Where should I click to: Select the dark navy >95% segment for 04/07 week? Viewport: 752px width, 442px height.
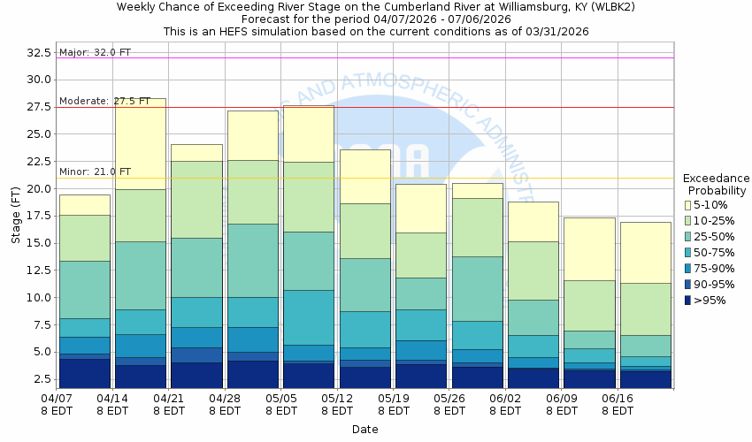85,372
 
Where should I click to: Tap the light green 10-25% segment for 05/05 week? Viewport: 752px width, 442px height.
309,196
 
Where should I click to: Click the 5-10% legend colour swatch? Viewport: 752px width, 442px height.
689,205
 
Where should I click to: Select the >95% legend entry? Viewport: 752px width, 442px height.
689,301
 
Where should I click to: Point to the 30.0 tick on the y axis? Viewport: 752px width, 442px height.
39,80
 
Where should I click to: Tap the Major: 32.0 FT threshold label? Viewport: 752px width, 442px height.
95,52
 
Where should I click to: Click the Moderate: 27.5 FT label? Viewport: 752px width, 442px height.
104,101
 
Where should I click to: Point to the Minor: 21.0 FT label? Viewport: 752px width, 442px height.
95,171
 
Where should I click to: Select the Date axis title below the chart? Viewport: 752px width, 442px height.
364,430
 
